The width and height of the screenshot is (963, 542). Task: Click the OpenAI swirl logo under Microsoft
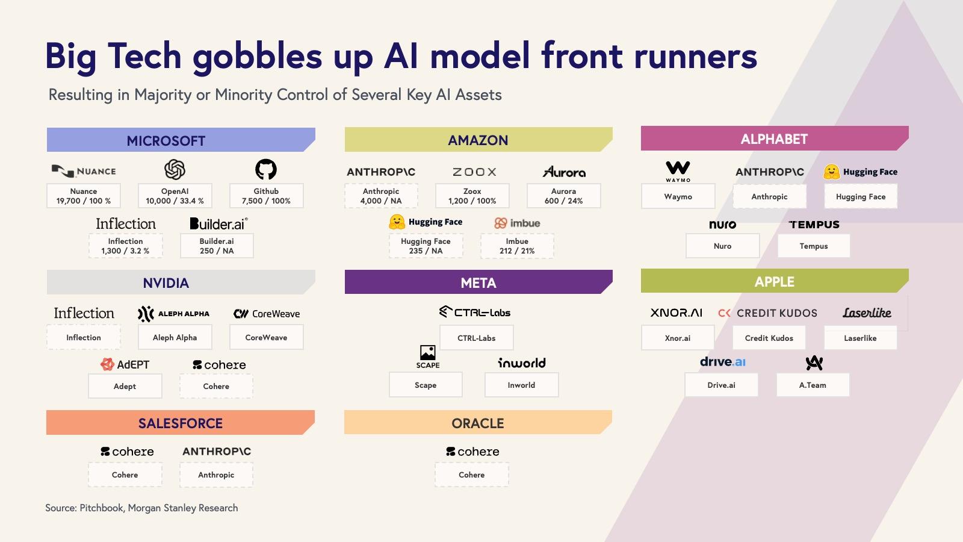click(x=175, y=170)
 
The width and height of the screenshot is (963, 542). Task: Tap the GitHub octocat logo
click(x=266, y=169)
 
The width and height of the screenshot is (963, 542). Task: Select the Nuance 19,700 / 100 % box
click(x=84, y=196)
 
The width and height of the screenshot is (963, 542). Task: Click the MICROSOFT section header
click(x=166, y=140)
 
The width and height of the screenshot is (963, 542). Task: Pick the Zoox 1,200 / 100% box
click(x=472, y=196)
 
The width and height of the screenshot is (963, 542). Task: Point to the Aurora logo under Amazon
click(x=564, y=172)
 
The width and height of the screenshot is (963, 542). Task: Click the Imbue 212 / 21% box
click(x=516, y=246)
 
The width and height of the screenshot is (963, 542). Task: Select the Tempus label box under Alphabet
click(x=814, y=246)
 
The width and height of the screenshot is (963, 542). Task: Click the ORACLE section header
click(x=478, y=423)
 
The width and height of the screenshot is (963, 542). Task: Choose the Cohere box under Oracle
click(x=471, y=475)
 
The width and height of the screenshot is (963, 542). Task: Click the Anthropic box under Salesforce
click(x=216, y=475)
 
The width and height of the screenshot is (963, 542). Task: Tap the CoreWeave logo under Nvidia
click(x=266, y=313)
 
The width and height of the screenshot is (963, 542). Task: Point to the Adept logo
click(x=125, y=364)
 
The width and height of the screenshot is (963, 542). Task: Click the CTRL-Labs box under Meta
click(x=476, y=338)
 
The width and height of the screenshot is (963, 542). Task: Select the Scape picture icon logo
click(x=428, y=353)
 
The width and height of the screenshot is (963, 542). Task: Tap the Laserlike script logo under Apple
click(x=867, y=313)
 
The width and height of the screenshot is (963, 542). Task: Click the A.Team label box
click(x=813, y=385)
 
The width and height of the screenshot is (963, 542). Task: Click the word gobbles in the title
click(x=258, y=56)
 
